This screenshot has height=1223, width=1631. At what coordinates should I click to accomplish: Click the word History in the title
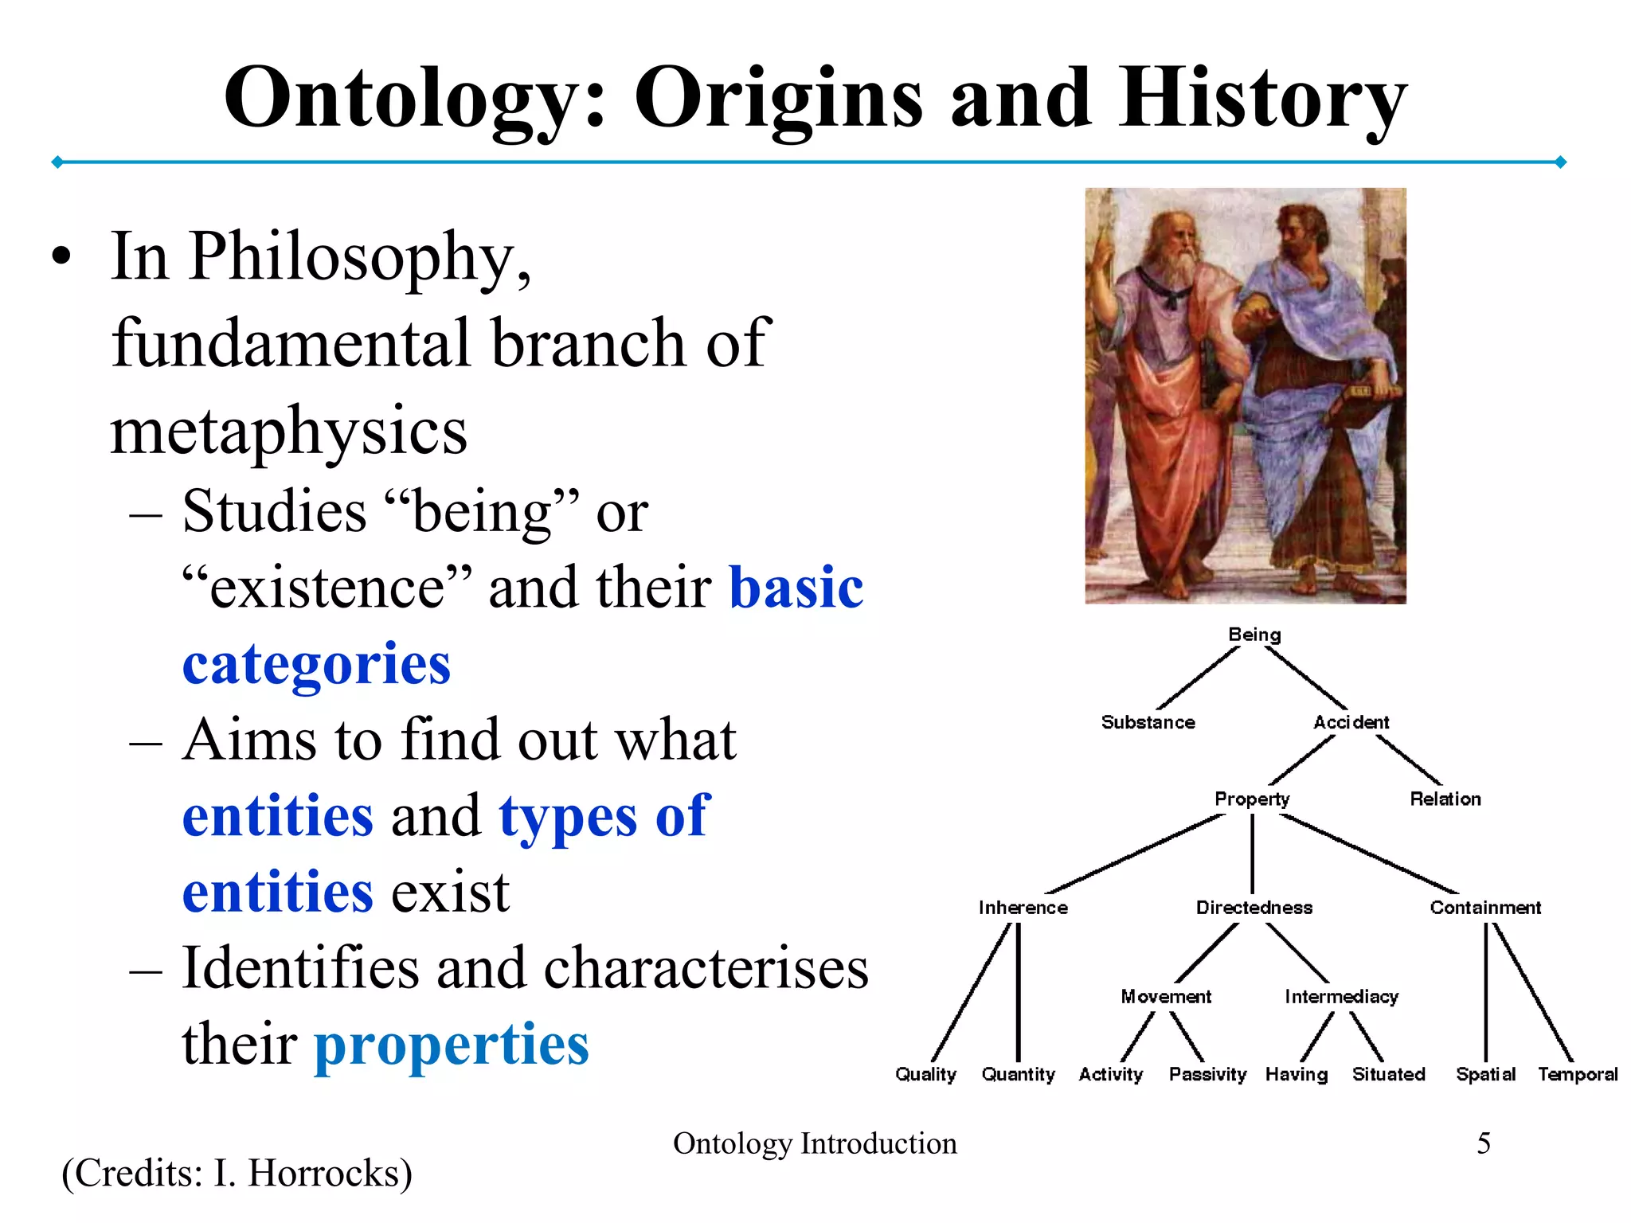pyautogui.click(x=1262, y=99)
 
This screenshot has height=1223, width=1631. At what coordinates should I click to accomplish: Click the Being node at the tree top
pyautogui.click(x=1254, y=635)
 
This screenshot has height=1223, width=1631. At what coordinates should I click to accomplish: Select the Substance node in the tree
pyautogui.click(x=1148, y=722)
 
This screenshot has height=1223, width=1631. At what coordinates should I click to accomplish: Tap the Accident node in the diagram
pyautogui.click(x=1351, y=722)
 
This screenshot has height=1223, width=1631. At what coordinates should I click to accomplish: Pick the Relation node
pyautogui.click(x=1445, y=799)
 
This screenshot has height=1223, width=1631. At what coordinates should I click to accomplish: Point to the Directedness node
pyautogui.click(x=1254, y=908)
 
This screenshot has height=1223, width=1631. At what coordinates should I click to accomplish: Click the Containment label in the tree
pyautogui.click(x=1484, y=908)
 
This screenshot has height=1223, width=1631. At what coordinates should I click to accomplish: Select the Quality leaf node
pyautogui.click(x=925, y=1074)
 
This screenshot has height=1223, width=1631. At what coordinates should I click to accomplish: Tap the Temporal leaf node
pyautogui.click(x=1577, y=1074)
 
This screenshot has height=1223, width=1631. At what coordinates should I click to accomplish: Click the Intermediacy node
pyautogui.click(x=1341, y=997)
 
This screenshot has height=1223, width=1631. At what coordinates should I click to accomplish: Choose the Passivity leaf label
pyautogui.click(x=1207, y=1074)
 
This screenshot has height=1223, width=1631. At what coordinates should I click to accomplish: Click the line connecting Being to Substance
pyautogui.click(x=1198, y=678)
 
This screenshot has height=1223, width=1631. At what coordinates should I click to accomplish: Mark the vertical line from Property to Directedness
pyautogui.click(x=1253, y=854)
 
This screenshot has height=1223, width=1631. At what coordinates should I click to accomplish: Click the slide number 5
pyautogui.click(x=1483, y=1143)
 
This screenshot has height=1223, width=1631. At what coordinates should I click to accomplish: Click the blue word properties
pyautogui.click(x=452, y=1045)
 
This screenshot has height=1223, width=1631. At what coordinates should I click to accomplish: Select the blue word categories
pyautogui.click(x=316, y=664)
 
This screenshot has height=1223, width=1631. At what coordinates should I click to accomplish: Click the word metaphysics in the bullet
pyautogui.click(x=288, y=431)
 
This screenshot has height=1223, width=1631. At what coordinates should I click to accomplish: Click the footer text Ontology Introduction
pyautogui.click(x=815, y=1143)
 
